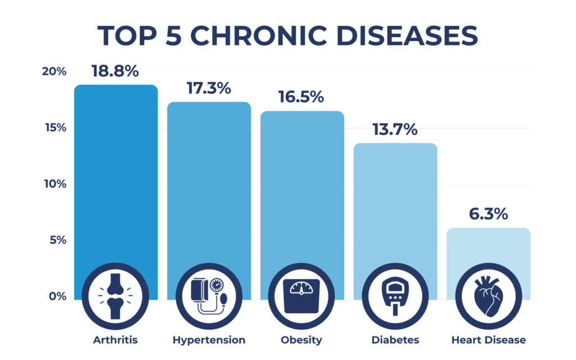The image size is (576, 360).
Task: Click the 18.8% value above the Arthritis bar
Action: coord(115,71)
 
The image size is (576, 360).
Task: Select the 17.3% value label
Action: coord(209,89)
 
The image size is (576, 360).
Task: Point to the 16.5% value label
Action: coord(301,97)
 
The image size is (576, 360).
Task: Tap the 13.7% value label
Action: coord(394,129)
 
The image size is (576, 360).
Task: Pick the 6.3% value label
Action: coord(488,214)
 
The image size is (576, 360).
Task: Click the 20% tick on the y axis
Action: coord(54,71)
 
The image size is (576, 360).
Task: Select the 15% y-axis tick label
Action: coord(54,128)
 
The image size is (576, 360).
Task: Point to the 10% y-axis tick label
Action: coord(54,184)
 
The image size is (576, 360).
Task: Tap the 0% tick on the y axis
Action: coord(56,296)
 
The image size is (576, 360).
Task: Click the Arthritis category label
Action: coord(115,340)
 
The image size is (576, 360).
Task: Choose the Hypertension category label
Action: coord(209,340)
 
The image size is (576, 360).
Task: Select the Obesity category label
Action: coord(301,340)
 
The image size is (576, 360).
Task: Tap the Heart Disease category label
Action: coord(488,340)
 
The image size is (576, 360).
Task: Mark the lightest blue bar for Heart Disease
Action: coord(488,247)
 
